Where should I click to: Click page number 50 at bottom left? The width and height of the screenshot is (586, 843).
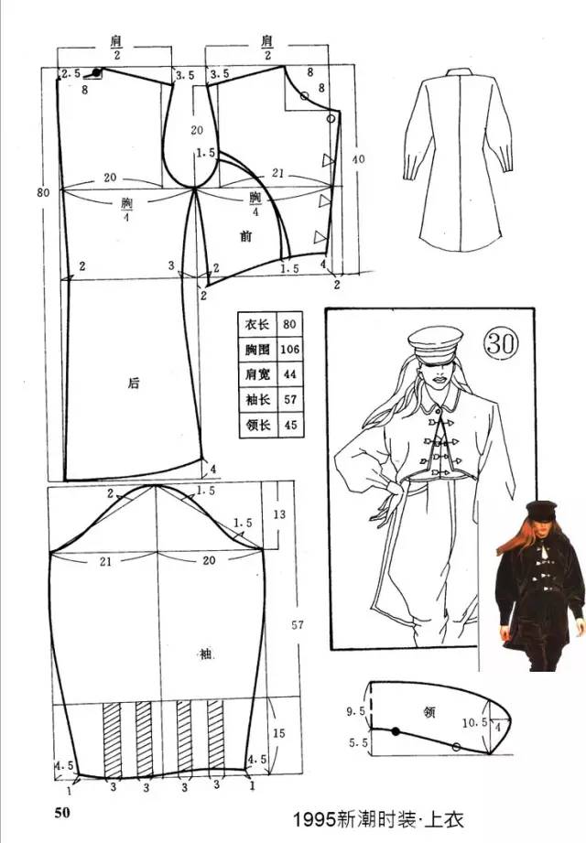61,813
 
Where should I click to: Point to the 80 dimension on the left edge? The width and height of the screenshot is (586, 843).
42,192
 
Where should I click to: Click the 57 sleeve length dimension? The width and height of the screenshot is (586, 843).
297,625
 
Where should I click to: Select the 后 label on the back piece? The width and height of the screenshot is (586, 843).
134,384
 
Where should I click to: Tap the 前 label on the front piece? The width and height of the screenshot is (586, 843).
245,236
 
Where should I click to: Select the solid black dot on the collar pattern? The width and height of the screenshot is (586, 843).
396,731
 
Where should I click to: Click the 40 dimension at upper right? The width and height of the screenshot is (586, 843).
358,159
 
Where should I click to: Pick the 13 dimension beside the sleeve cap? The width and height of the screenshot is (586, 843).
280,514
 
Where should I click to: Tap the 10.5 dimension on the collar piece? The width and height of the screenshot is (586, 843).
472,723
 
